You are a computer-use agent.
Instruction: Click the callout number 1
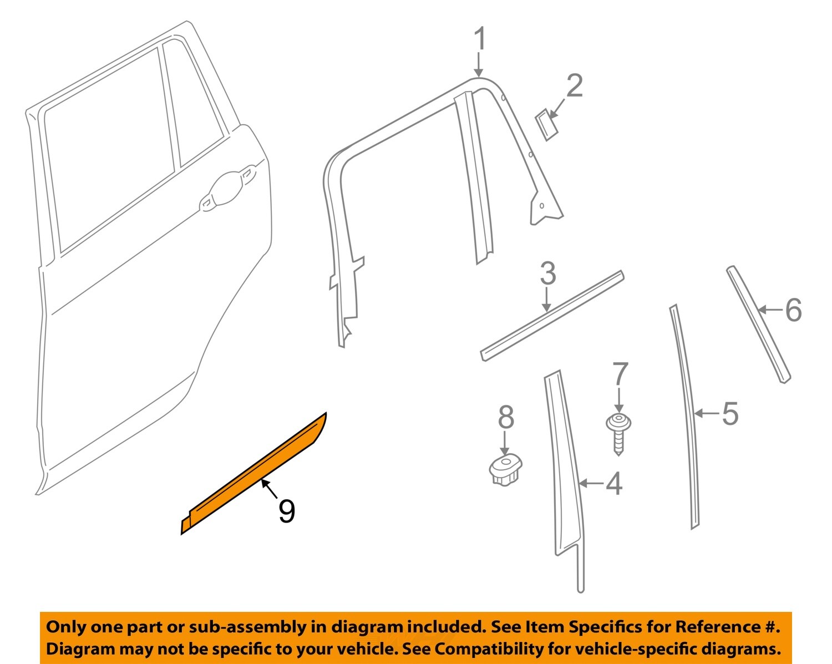tap(480, 40)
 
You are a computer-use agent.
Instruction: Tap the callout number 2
tap(574, 87)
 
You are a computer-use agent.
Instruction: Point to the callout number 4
tap(614, 484)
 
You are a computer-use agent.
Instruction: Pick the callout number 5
tap(730, 414)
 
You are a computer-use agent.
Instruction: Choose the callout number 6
tap(793, 310)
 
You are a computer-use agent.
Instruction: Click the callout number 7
tap(620, 374)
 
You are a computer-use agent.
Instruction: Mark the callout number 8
tap(505, 417)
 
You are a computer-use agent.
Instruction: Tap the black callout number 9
tap(286, 511)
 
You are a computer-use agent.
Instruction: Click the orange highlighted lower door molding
tap(255, 474)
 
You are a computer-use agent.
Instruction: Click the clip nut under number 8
tap(505, 469)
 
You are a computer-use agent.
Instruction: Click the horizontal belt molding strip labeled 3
tap(552, 316)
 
